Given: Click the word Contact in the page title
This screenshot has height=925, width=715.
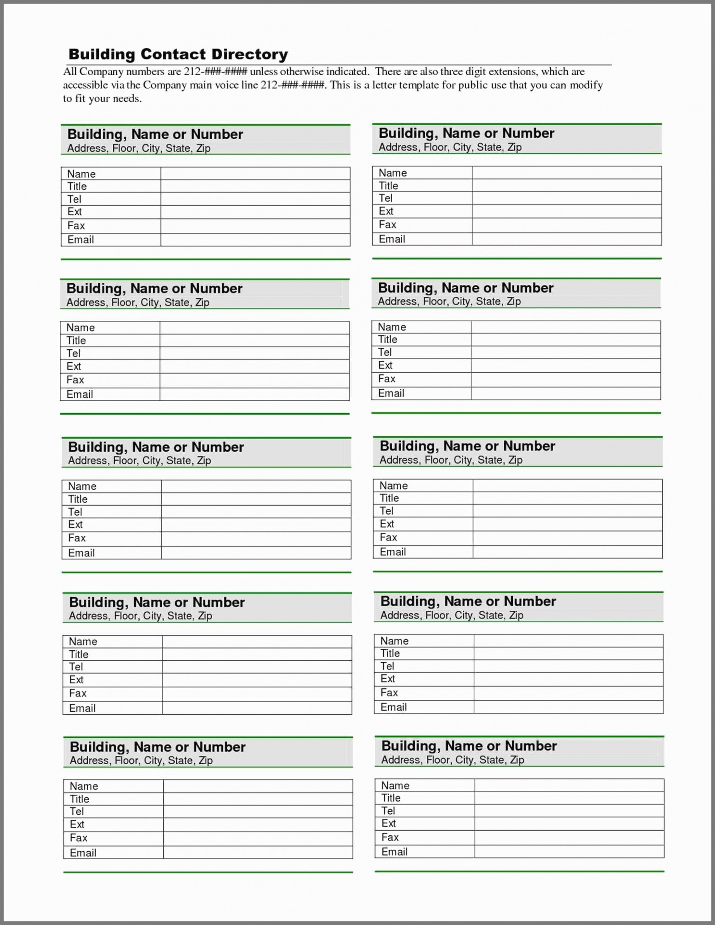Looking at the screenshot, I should tap(174, 54).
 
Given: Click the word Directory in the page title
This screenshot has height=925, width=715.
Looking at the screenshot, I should tap(249, 54).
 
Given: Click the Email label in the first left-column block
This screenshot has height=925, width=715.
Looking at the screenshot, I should tap(80, 240).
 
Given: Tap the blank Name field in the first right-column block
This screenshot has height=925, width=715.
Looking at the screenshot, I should tap(566, 173).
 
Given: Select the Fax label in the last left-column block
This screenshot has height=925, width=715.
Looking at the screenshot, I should tap(78, 838).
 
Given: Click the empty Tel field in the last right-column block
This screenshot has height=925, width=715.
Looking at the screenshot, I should tap(569, 811).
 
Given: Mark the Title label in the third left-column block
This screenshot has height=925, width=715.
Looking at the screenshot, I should tap(78, 499).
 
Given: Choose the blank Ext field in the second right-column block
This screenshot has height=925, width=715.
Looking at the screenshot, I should tap(566, 365).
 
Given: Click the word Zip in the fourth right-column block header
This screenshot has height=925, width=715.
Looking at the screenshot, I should tap(516, 615).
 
